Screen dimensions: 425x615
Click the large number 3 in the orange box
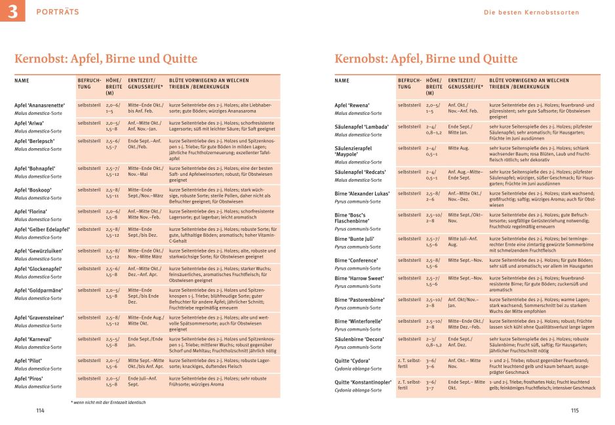pos(12,12)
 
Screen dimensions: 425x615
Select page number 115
pos(574,411)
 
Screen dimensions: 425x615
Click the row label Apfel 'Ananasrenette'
pos(39,105)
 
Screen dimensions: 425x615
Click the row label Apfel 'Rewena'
pos(352,105)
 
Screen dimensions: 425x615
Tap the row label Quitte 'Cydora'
pos(353,360)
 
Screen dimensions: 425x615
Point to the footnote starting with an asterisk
pos(108,401)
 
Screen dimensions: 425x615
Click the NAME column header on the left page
pos(22,81)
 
